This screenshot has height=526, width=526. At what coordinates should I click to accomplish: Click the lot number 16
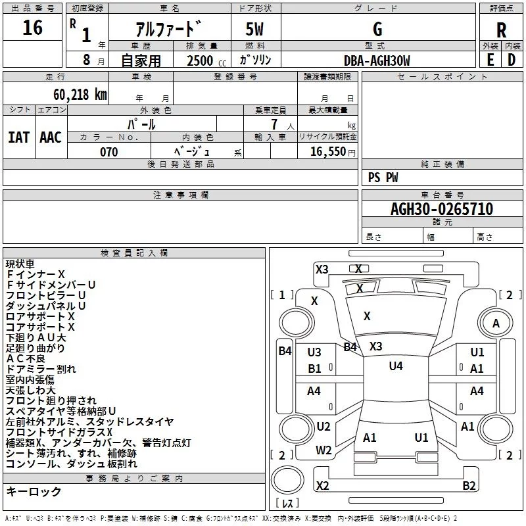[x=32, y=27]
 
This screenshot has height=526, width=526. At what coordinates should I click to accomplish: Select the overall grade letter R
[x=501, y=30]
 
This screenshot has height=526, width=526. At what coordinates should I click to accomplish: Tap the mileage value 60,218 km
[x=80, y=95]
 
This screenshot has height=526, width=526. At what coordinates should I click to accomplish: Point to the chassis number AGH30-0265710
[x=442, y=208]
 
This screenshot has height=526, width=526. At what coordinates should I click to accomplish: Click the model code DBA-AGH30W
[x=377, y=60]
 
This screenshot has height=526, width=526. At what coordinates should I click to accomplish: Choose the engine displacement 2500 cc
[x=206, y=60]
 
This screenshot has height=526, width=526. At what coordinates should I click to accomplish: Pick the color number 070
[x=109, y=152]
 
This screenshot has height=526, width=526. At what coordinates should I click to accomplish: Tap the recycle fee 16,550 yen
[x=333, y=152]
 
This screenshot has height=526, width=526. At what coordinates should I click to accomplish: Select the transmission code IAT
[x=19, y=137]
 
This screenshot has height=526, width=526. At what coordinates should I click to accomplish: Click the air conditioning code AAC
[x=51, y=137]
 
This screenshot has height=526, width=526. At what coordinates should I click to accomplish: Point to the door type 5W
[x=254, y=29]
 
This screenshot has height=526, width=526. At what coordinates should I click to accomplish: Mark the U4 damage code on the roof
[x=396, y=366]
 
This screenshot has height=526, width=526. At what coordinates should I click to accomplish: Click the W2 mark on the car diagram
[x=323, y=450]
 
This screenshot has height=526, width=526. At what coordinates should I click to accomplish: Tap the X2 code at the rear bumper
[x=322, y=485]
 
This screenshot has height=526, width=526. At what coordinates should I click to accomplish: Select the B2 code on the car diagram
[x=469, y=485]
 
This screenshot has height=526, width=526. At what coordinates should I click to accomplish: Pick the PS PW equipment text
[x=383, y=178]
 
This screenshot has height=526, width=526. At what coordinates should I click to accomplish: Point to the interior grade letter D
[x=512, y=60]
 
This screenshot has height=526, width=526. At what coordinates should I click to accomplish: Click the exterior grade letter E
[x=490, y=60]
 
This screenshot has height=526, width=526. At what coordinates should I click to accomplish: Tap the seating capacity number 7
[x=274, y=124]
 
